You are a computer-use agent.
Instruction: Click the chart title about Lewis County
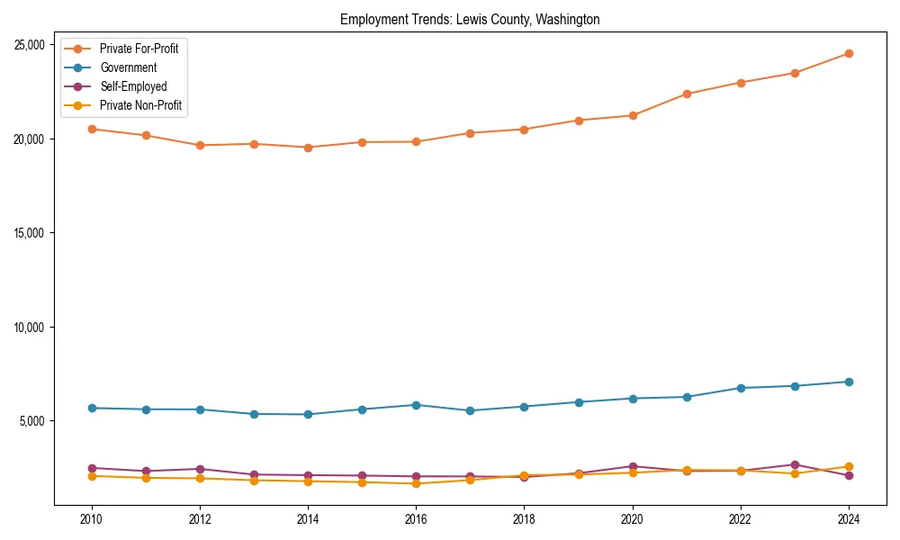(470, 19)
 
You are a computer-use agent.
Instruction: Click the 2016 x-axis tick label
(416, 519)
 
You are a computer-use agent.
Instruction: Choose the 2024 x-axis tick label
(848, 519)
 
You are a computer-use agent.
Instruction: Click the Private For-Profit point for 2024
(848, 54)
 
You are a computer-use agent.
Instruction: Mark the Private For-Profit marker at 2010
(92, 129)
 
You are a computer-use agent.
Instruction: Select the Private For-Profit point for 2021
(686, 94)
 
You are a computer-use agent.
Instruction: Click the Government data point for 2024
(848, 382)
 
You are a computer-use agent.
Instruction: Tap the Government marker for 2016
(416, 405)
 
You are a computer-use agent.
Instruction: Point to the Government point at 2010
(92, 408)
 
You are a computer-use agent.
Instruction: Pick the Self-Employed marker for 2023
(794, 464)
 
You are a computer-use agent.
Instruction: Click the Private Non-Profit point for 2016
(416, 483)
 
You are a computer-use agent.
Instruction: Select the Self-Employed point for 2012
(200, 469)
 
